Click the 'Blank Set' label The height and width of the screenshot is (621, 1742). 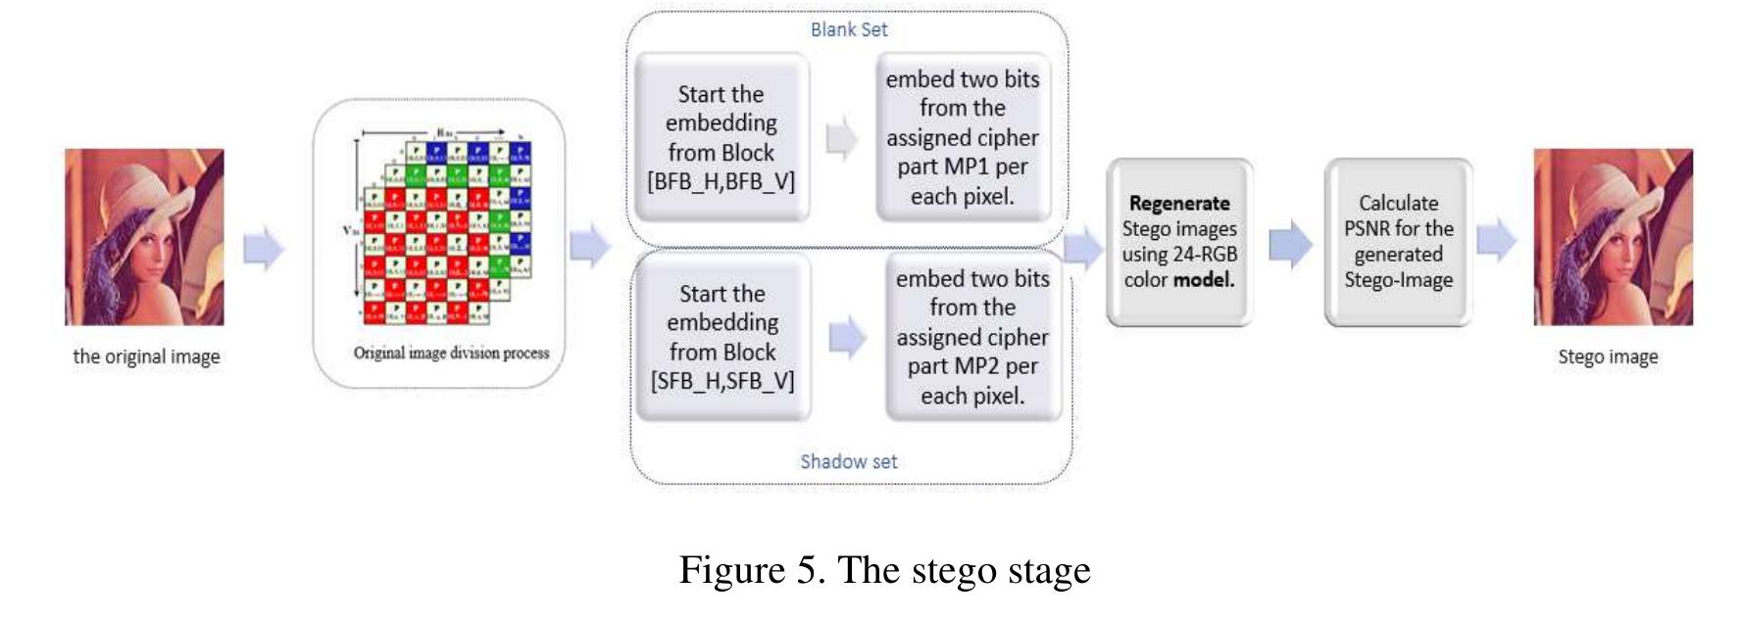coord(849,29)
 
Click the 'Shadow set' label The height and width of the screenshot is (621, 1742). coord(849,461)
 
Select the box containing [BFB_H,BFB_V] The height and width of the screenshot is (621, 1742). coord(722,137)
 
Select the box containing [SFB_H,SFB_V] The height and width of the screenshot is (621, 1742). coord(722,337)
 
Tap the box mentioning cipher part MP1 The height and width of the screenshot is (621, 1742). coord(963,137)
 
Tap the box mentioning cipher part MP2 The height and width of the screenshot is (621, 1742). coord(972,337)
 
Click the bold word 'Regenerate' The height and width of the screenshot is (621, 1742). coord(1179,204)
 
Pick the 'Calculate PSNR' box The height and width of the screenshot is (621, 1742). coord(1398,242)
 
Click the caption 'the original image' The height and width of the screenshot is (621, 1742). coord(146,357)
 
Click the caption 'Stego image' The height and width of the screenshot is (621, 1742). coord(1608,357)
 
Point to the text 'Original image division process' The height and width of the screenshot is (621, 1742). coord(451,353)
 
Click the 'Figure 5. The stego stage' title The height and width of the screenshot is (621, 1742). coord(884,570)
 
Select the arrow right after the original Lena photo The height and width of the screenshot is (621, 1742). coord(263,247)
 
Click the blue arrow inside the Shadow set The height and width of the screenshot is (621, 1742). coord(848,338)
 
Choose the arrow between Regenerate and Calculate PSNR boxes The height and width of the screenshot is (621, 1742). coord(1290,244)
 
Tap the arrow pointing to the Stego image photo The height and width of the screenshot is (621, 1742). coord(1496,240)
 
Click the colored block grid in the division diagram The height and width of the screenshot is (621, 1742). coord(447,231)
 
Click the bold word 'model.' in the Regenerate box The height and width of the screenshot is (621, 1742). coord(1204,280)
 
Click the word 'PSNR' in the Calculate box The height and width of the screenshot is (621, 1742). coord(1370,229)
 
